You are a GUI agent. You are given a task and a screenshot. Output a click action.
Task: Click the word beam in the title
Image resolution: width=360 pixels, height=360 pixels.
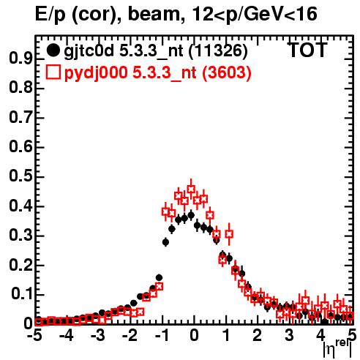point(154,14)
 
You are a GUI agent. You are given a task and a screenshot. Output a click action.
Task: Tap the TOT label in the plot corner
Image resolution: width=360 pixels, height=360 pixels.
point(307,50)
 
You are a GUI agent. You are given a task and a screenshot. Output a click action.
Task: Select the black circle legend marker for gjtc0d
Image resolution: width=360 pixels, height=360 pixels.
point(53,50)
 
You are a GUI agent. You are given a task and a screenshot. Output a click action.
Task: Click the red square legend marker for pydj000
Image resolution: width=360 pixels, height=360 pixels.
point(53,72)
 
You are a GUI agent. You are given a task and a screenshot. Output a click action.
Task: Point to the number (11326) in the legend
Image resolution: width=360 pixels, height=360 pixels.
point(218,51)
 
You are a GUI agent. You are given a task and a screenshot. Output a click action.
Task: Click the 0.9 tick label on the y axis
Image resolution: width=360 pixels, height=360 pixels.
point(20,59)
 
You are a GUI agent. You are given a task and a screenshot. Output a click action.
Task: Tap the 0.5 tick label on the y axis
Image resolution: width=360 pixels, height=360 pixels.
point(20,176)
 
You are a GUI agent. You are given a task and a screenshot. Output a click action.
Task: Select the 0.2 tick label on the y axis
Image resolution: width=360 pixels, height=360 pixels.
point(20,266)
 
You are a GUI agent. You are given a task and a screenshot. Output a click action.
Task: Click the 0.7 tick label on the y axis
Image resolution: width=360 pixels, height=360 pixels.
point(20,118)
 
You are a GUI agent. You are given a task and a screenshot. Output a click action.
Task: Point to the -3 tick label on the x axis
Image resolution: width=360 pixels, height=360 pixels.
point(98,335)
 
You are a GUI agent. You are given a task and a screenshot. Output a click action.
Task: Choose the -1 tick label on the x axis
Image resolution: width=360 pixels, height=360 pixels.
point(162,335)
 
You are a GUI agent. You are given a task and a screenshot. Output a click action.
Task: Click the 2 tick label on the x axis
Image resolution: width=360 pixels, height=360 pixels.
point(258,335)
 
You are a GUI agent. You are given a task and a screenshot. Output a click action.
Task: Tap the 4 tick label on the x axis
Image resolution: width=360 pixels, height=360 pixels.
point(320,335)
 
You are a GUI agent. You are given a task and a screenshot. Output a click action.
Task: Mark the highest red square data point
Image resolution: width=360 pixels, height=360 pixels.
point(191,189)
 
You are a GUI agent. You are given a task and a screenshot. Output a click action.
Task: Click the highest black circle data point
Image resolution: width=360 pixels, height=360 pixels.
point(191,215)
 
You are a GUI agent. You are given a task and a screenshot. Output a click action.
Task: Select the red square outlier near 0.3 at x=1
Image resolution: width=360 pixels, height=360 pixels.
point(229,234)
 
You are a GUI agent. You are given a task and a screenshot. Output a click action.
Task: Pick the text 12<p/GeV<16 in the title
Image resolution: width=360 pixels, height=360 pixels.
point(255,14)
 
